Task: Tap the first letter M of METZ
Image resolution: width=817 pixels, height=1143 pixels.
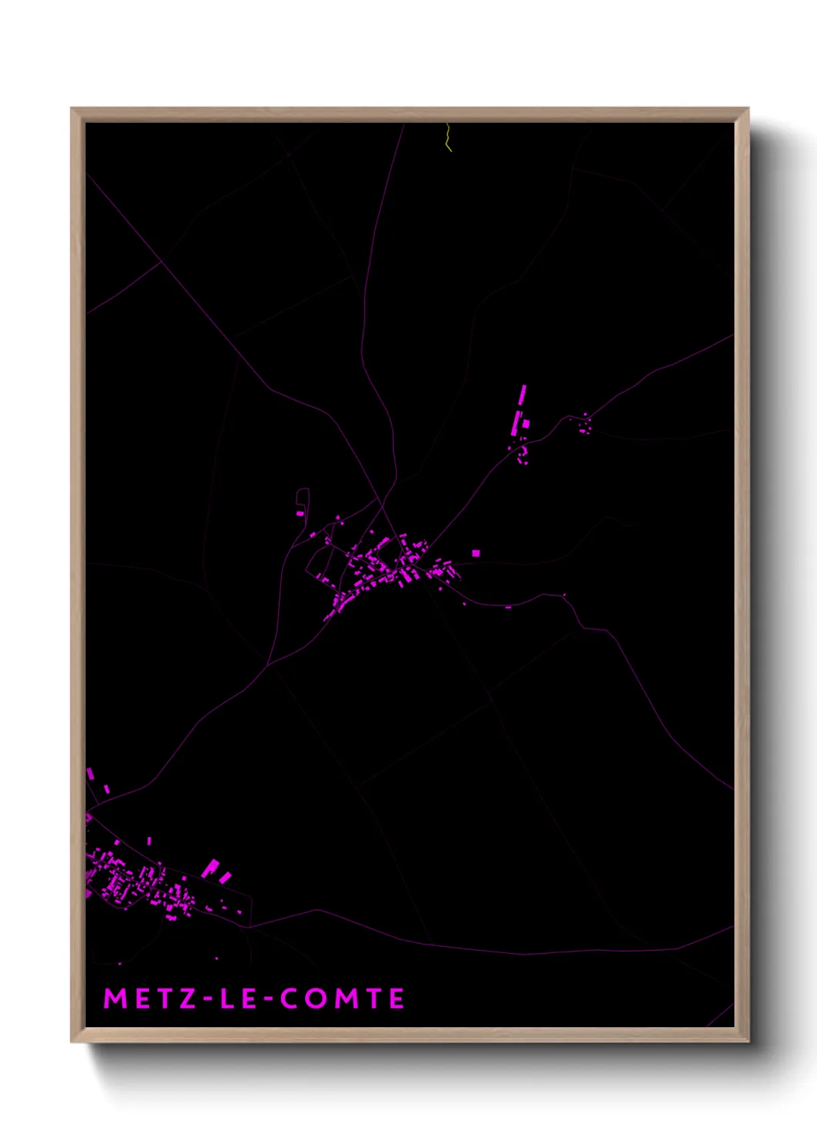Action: pyautogui.click(x=114, y=998)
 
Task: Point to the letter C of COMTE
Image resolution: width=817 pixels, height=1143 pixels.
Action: pyautogui.click(x=290, y=998)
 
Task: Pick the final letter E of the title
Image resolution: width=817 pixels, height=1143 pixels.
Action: pyautogui.click(x=396, y=998)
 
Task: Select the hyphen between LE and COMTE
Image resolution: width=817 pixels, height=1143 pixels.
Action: pyautogui.click(x=269, y=999)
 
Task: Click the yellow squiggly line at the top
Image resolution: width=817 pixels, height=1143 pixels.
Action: pyautogui.click(x=448, y=137)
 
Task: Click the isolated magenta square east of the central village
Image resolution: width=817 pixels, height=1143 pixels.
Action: pyautogui.click(x=476, y=553)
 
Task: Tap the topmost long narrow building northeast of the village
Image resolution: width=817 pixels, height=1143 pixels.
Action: pyautogui.click(x=523, y=395)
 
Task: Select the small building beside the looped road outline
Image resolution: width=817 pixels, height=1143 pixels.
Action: pyautogui.click(x=300, y=513)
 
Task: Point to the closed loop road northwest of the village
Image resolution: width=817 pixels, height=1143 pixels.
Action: pyautogui.click(x=303, y=497)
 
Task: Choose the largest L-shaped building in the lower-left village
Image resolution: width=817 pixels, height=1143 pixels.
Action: pyautogui.click(x=210, y=868)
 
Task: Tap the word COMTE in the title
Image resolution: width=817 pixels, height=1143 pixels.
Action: pyautogui.click(x=342, y=998)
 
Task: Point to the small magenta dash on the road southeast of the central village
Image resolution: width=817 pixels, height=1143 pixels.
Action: pyautogui.click(x=508, y=608)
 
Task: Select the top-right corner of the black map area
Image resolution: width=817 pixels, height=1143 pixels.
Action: pyautogui.click(x=733, y=123)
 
